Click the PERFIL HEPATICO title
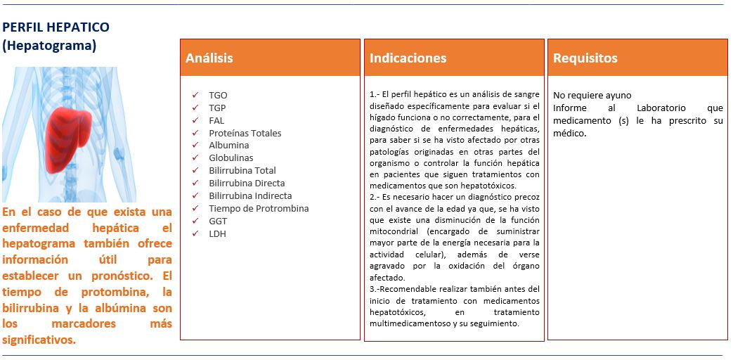(56, 27)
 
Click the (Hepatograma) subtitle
(49, 46)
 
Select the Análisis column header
(209, 58)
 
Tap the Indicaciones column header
(408, 58)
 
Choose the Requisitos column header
(585, 58)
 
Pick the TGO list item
(218, 95)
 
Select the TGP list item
(218, 108)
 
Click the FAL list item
(216, 120)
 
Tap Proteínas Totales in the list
(245, 133)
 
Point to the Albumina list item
(228, 146)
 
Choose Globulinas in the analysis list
(231, 158)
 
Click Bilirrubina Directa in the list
(247, 184)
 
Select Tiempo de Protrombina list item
(259, 209)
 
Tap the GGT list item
(218, 221)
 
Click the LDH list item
(218, 234)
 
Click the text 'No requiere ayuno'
(592, 96)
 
